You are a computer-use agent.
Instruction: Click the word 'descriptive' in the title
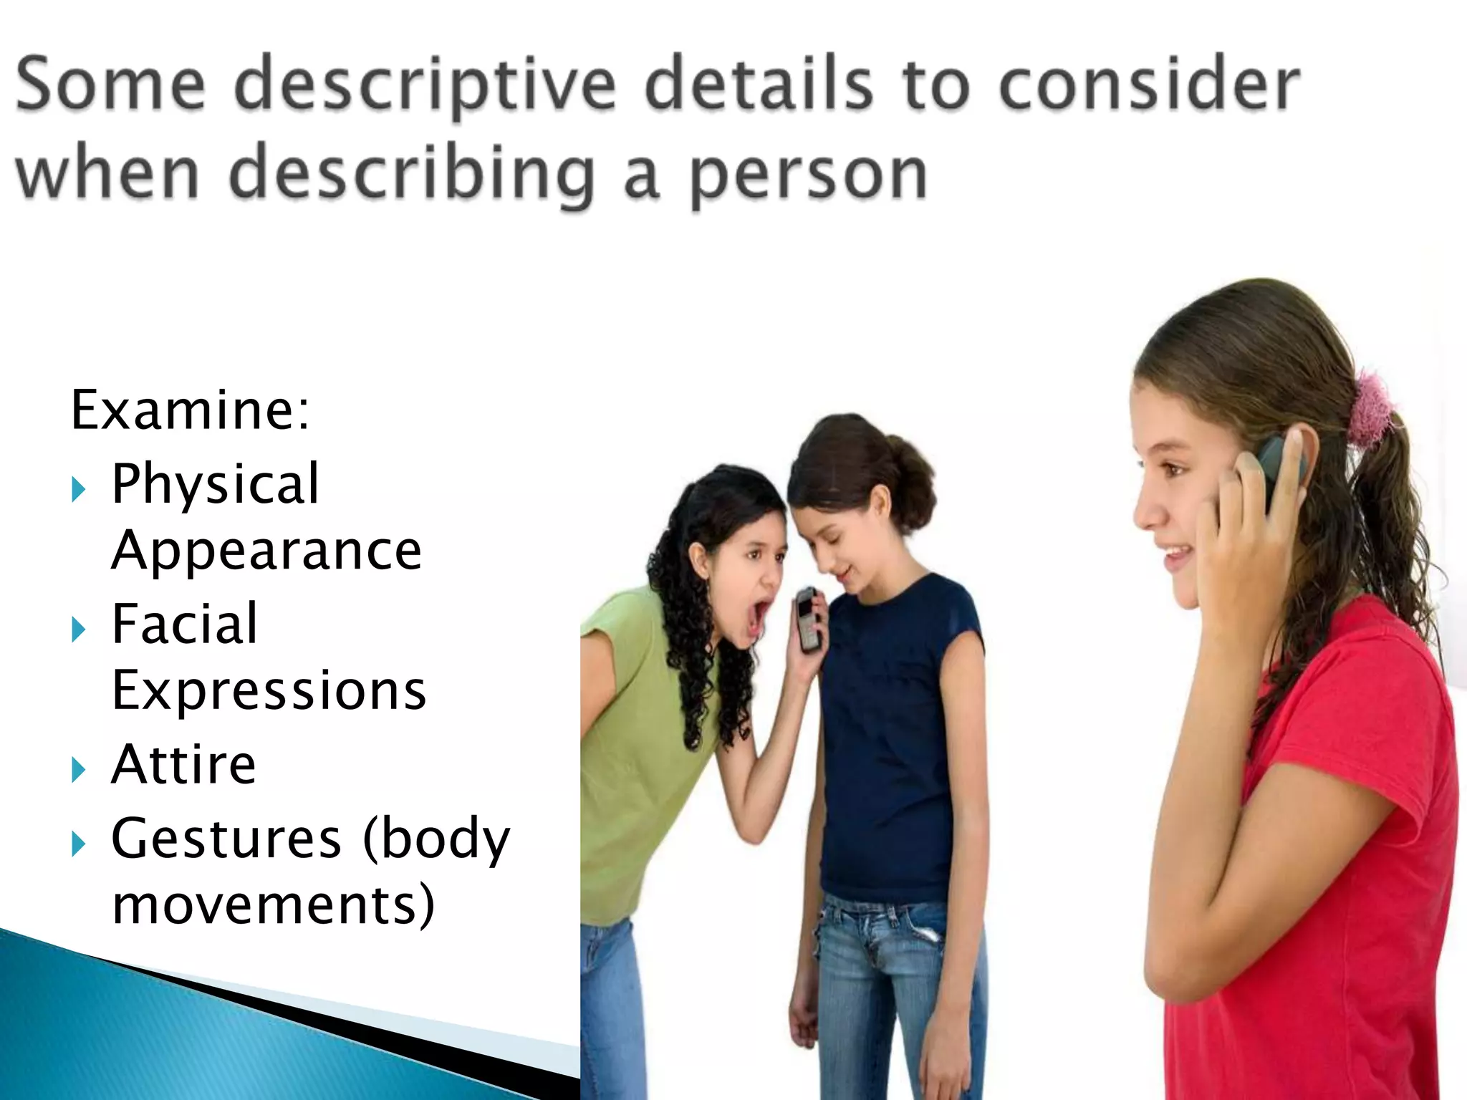[425, 87]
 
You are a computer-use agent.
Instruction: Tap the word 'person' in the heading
[809, 175]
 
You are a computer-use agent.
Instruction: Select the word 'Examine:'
[191, 410]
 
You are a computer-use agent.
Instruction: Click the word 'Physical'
[216, 484]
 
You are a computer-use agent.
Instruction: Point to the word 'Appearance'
[266, 551]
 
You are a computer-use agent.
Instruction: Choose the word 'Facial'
[185, 624]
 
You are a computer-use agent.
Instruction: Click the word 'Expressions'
[269, 690]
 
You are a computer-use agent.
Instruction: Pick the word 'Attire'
[184, 765]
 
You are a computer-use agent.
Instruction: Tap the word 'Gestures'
[226, 839]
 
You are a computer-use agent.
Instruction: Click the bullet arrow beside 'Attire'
[79, 771]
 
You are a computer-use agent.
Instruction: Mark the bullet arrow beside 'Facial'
[79, 630]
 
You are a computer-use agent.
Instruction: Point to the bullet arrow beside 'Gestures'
[79, 845]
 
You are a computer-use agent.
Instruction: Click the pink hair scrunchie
[1370, 409]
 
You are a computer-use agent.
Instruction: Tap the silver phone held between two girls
[808, 619]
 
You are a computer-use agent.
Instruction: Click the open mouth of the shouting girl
[757, 617]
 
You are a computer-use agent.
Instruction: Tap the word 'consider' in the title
[1149, 87]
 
